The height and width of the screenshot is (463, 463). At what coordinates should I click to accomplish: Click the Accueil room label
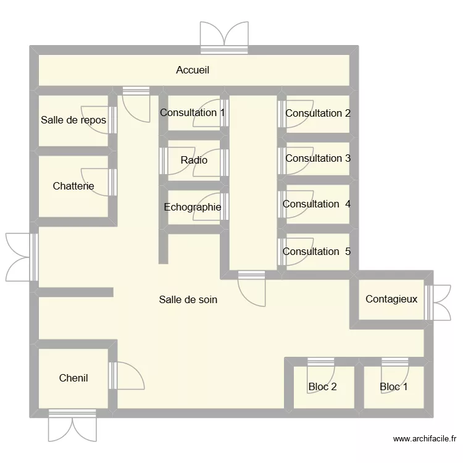click(x=193, y=70)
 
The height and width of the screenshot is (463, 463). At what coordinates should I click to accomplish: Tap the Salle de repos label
click(x=73, y=120)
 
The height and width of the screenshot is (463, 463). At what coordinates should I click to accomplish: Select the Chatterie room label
click(x=73, y=186)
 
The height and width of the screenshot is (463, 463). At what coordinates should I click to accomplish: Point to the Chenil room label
click(x=73, y=378)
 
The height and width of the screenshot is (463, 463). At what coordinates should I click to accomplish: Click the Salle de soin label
click(x=188, y=300)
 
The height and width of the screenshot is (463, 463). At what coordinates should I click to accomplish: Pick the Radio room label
click(x=194, y=161)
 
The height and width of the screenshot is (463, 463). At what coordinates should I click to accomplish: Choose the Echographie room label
click(x=193, y=207)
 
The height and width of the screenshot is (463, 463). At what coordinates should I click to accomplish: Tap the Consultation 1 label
click(x=193, y=113)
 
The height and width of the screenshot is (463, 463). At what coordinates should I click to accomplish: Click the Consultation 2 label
click(x=318, y=114)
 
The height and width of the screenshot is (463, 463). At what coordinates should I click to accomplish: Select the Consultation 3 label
click(x=318, y=159)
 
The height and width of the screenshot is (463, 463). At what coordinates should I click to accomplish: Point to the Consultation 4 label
click(x=317, y=204)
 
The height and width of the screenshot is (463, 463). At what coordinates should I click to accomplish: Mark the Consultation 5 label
click(x=317, y=252)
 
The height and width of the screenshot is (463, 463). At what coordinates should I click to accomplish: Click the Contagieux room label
click(x=391, y=299)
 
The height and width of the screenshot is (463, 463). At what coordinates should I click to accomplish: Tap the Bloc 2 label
click(x=322, y=387)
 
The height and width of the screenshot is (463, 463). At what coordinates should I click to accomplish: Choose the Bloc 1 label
click(x=394, y=387)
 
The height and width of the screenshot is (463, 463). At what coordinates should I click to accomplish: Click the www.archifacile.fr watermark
click(x=425, y=440)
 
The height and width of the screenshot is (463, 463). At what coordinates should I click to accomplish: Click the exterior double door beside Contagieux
click(x=441, y=302)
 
